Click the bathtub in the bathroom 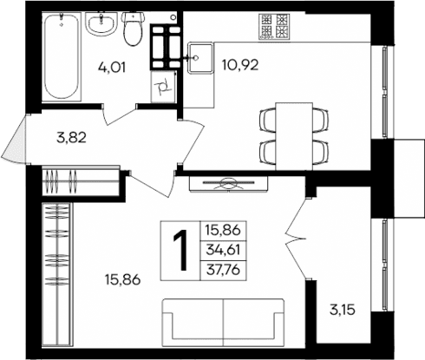click(x=61, y=56)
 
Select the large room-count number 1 click(x=181, y=251)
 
